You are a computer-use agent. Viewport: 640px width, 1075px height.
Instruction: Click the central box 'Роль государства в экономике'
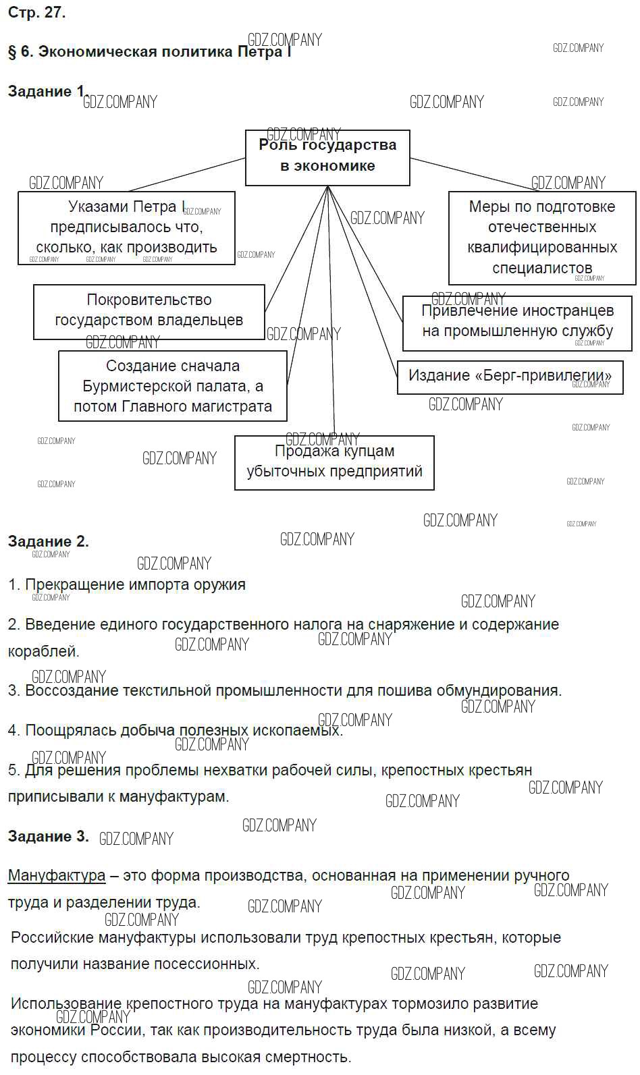(327, 157)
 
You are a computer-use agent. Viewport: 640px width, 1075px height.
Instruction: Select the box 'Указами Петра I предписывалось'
(126, 228)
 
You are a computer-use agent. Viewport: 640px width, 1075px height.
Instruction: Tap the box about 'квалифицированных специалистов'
(542, 238)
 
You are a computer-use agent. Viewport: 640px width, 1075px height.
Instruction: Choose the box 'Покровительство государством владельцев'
(149, 311)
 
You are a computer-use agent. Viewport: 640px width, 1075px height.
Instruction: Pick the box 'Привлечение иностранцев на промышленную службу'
(517, 323)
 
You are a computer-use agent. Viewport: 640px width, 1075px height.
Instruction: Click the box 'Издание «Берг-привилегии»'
(510, 376)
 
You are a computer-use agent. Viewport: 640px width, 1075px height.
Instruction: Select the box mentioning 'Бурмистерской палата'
(173, 386)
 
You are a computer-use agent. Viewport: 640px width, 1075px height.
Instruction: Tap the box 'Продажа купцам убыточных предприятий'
(334, 462)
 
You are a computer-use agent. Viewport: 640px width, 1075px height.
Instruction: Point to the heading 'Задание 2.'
(48, 541)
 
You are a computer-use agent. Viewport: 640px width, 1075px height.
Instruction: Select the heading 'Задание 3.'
(48, 836)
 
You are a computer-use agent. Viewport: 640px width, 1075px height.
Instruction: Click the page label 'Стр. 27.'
(36, 13)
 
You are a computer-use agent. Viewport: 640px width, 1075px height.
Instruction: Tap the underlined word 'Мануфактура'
(57, 876)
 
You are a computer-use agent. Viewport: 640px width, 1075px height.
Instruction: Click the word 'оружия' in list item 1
(221, 584)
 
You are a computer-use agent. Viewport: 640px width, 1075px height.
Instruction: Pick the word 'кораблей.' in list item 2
(43, 652)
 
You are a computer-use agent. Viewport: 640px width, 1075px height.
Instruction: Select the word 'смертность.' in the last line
(313, 1057)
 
